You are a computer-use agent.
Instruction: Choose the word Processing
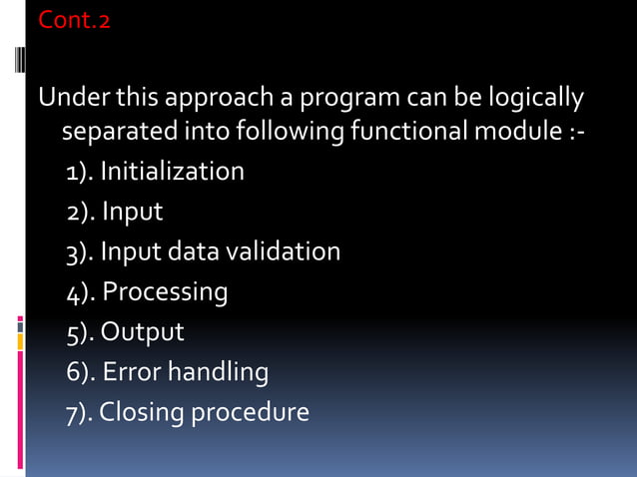(165, 292)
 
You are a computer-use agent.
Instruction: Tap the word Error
(132, 372)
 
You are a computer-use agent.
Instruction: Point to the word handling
(218, 373)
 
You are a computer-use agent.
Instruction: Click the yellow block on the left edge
(20, 342)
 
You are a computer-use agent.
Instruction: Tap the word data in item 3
(192, 251)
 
